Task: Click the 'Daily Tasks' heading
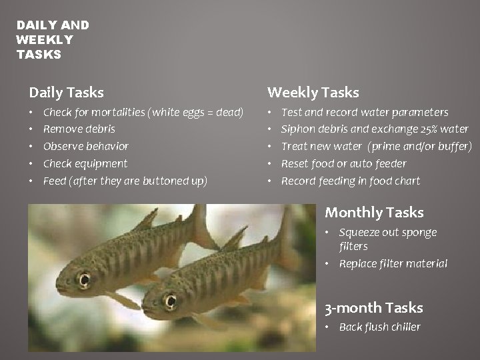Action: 66,93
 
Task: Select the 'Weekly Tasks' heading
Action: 313,93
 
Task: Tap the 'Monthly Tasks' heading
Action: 374,213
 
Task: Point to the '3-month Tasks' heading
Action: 373,308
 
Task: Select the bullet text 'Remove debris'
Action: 79,129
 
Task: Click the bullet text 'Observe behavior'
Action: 85,146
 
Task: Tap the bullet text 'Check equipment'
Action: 85,163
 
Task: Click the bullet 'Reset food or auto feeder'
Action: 343,163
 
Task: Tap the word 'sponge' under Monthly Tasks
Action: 419,233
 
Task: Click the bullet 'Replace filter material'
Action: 393,263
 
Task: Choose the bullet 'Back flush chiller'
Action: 379,327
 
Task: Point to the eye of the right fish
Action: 171,301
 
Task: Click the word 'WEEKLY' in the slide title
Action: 45,40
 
